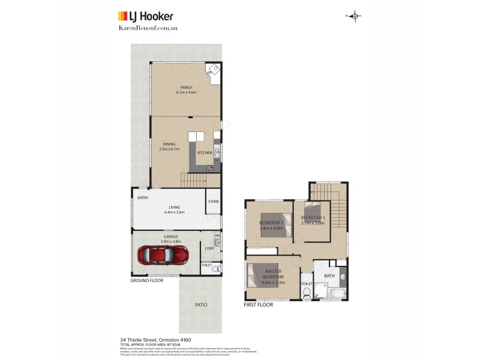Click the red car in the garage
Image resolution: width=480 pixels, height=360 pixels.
[x=163, y=254]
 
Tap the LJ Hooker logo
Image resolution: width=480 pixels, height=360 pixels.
[x=146, y=16]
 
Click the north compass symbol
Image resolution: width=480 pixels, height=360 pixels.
[x=354, y=16]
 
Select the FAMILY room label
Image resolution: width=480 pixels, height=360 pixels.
[x=186, y=88]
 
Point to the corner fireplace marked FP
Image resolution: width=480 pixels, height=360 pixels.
[x=212, y=70]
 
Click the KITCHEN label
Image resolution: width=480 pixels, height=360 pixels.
[x=205, y=153]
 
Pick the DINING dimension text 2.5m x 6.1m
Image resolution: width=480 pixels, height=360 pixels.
[x=169, y=149]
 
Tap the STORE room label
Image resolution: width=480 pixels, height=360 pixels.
[x=214, y=202]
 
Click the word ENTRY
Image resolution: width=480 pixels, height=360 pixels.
[x=143, y=198]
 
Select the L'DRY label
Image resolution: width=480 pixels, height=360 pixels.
[x=209, y=248]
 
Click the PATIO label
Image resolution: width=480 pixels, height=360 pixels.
[x=201, y=305]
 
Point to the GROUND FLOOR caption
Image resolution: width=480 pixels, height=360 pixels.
[x=147, y=280]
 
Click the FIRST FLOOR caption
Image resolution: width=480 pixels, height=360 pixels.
[x=258, y=305]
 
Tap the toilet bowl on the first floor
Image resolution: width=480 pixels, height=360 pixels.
[x=307, y=292]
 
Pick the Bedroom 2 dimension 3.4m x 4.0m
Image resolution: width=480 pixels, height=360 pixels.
[x=270, y=228]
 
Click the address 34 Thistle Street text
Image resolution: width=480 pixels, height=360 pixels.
[x=155, y=339]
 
